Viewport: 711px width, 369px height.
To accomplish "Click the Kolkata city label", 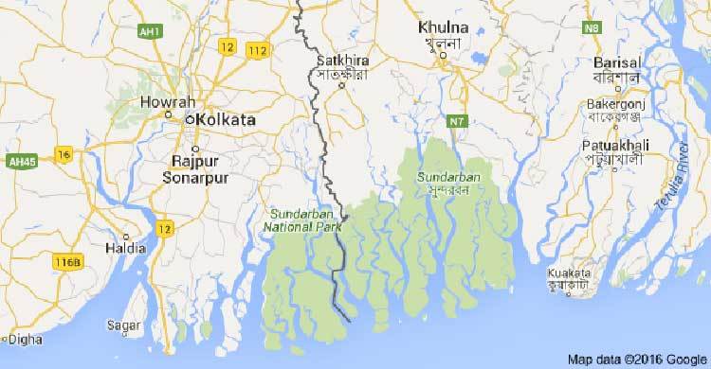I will pos(228,120).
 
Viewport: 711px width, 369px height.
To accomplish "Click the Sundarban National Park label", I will pos(298,220).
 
